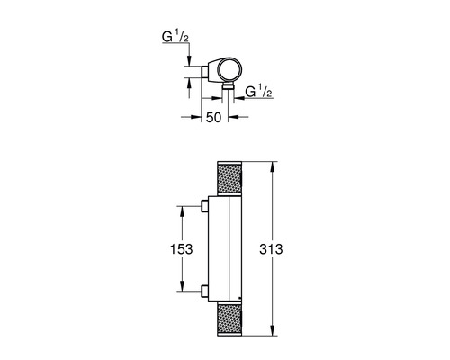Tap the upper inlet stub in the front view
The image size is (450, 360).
[x=206, y=208]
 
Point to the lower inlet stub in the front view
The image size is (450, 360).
[x=206, y=291]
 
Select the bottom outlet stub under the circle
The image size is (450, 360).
[x=229, y=87]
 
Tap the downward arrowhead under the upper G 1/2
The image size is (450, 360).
[x=189, y=62]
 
